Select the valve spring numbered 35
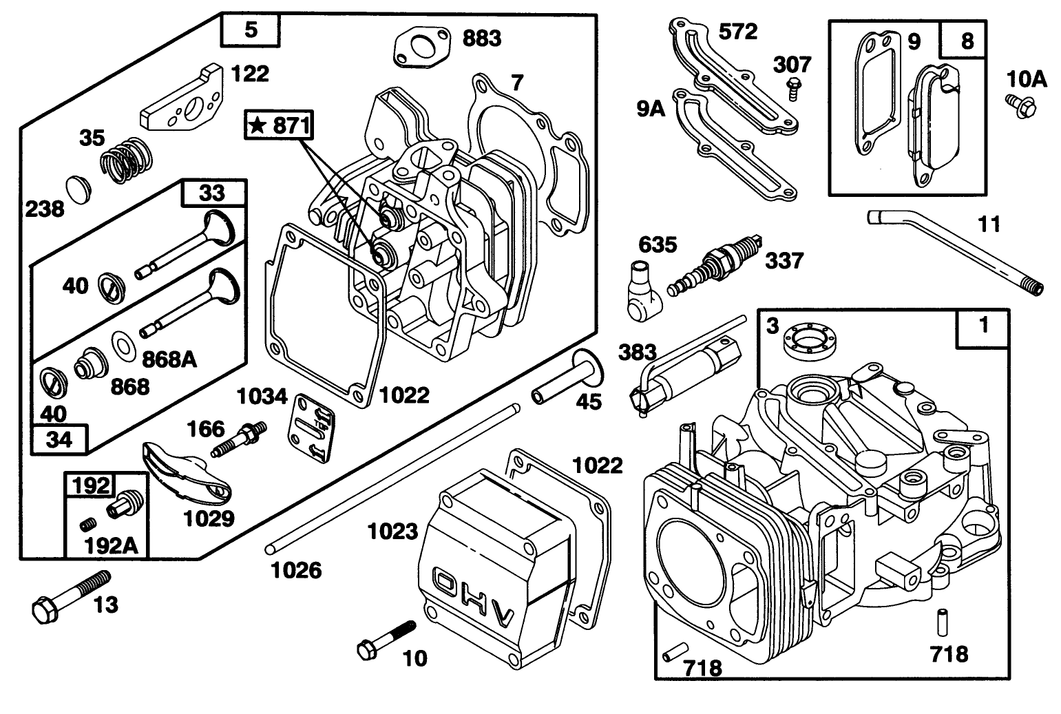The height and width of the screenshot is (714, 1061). click(127, 161)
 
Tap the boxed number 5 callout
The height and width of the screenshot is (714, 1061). click(251, 30)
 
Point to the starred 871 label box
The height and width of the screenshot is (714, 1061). click(279, 125)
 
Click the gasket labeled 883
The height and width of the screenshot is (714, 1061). click(421, 47)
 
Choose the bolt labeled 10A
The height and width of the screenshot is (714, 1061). click(1021, 106)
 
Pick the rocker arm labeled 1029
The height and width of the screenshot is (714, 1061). click(186, 471)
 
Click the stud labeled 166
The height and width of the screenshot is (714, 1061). click(239, 439)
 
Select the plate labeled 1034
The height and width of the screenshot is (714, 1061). click(311, 428)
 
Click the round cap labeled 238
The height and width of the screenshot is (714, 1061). click(78, 190)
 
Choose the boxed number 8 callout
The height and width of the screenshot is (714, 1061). click(964, 40)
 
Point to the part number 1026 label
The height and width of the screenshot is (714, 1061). click(297, 570)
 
